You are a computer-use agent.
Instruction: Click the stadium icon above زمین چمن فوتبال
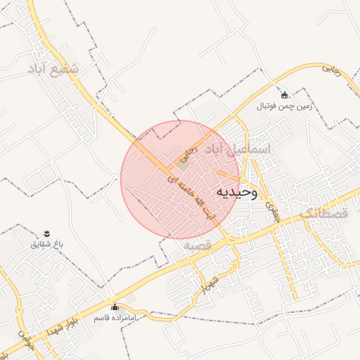coord(284,95)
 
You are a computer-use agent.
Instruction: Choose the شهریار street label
coord(211,281)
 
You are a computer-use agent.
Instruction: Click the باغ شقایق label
coord(47,244)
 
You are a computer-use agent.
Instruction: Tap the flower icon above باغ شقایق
coord(47,233)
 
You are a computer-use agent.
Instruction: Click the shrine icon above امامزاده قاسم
coord(115,307)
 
